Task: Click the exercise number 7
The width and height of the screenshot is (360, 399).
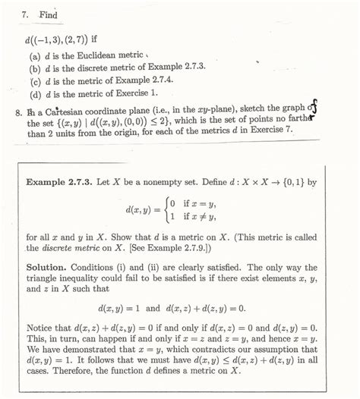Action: point(25,15)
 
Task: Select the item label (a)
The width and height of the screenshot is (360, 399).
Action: point(35,55)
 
